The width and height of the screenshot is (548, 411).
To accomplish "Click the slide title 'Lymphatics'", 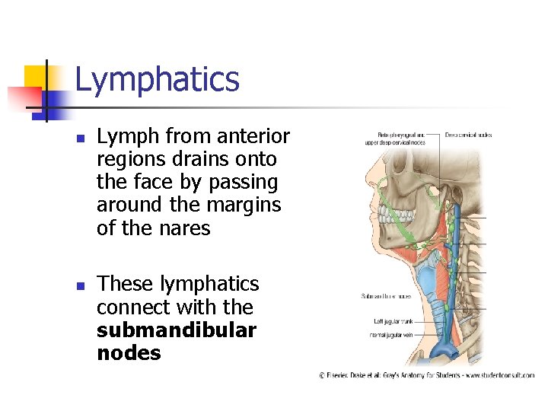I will click(x=157, y=80).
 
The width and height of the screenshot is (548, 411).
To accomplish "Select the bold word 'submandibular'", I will click(x=177, y=330).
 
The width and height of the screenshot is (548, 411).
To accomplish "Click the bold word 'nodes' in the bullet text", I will click(x=129, y=353).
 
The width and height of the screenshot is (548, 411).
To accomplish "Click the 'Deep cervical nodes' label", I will click(x=468, y=135).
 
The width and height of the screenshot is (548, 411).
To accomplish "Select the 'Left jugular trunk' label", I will click(x=388, y=322).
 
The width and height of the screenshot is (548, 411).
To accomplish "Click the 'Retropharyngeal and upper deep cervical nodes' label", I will click(x=393, y=139).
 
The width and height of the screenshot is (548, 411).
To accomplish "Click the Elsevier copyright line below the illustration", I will click(x=426, y=375).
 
